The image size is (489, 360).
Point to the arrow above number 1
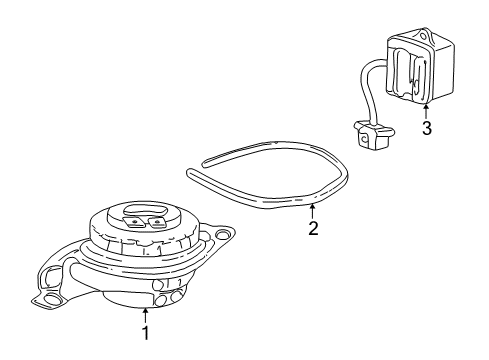click(145, 312)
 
